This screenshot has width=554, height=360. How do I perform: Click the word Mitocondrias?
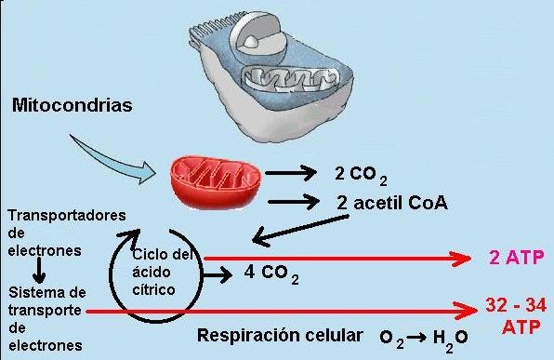pos(72,105)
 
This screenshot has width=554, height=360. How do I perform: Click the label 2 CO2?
pos(361,174)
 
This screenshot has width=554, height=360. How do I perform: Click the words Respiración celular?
pos(279,334)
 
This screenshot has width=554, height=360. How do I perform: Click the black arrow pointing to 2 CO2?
pos(289,172)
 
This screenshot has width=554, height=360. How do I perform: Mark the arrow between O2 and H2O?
pos(419,336)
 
